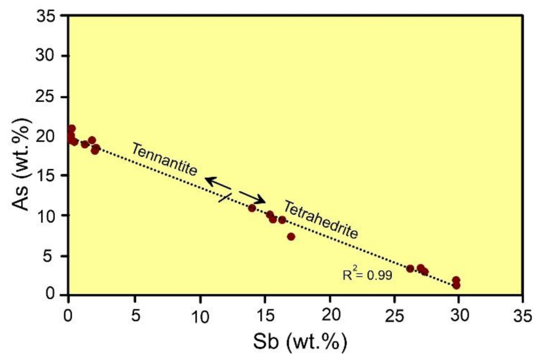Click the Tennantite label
164,158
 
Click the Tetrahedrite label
320,219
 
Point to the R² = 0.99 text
367,276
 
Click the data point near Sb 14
252,207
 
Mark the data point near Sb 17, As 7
291,236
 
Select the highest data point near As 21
71,128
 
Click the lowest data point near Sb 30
456,285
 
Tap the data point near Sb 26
410,268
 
